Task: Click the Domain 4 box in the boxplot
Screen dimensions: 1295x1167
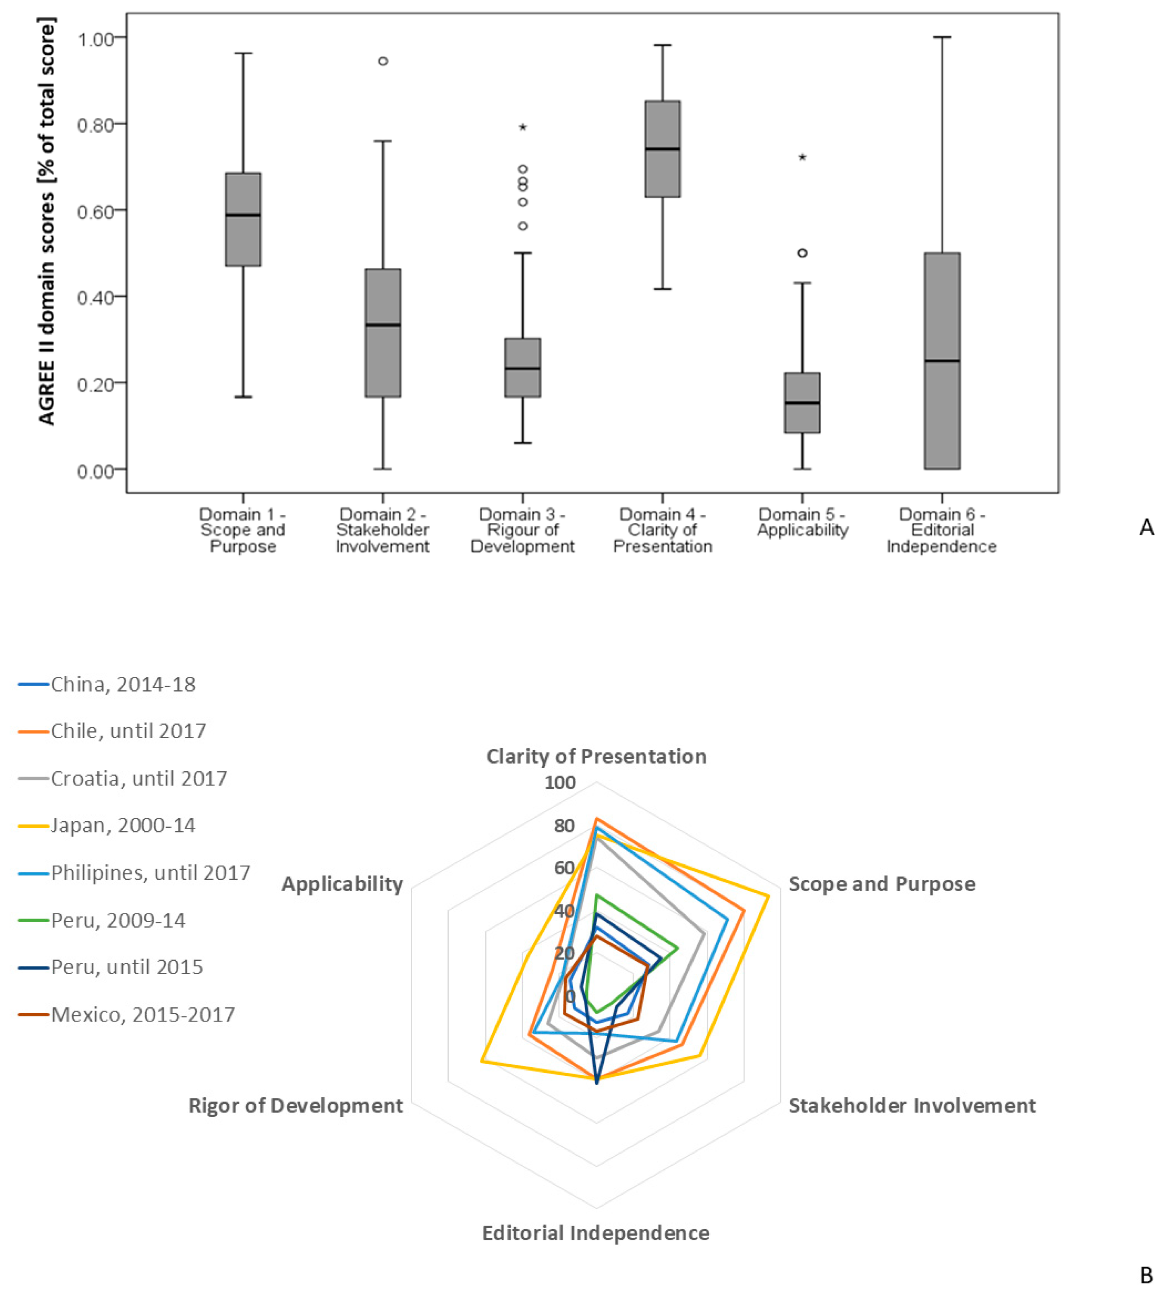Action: [662, 149]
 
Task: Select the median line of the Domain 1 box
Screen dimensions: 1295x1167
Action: [243, 215]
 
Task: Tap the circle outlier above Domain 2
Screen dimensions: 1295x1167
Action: [383, 62]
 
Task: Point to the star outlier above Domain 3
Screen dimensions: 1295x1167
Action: [523, 127]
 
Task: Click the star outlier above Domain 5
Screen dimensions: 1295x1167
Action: [802, 157]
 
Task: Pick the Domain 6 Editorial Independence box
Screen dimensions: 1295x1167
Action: [941, 361]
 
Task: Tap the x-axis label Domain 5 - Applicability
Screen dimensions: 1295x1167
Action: [802, 522]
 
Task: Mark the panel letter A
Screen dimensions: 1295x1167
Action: [1146, 528]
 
